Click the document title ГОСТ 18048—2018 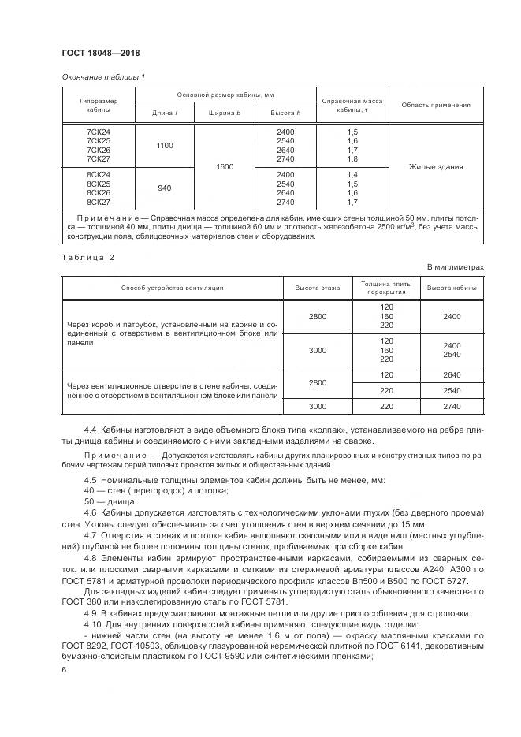click(x=100, y=54)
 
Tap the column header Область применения click(x=435, y=105)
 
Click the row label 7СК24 click(x=99, y=131)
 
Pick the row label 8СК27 click(x=99, y=202)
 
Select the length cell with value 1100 click(x=164, y=145)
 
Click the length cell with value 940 click(x=164, y=188)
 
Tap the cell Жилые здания click(x=436, y=167)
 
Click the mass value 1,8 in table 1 click(x=352, y=159)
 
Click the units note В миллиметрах click(x=456, y=267)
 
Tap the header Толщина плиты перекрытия click(x=385, y=288)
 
